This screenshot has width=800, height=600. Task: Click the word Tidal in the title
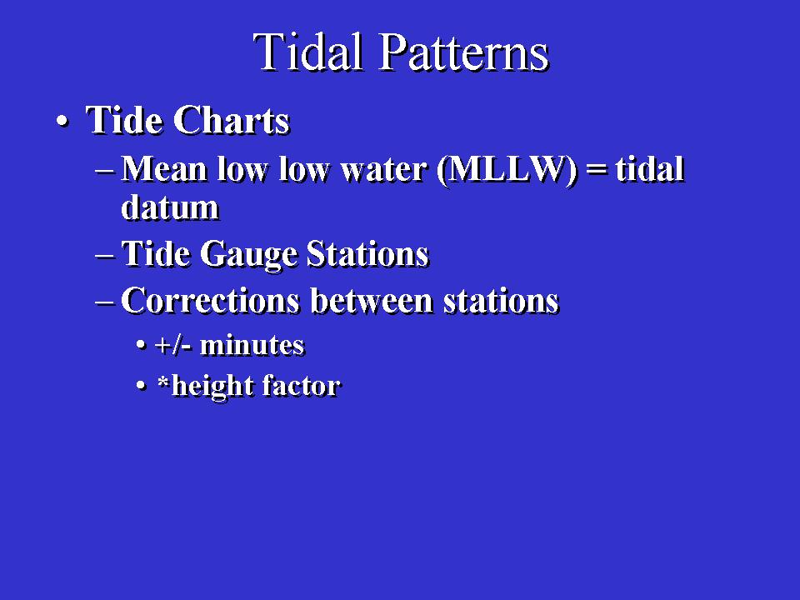click(x=307, y=52)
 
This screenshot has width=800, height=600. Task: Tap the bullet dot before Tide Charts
click(x=62, y=122)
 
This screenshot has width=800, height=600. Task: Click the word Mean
click(x=164, y=169)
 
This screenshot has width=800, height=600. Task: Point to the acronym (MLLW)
click(x=507, y=170)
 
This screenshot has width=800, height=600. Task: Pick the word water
click(x=383, y=170)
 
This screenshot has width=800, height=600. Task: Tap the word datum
click(x=170, y=207)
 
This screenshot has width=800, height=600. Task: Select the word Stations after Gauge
click(x=367, y=253)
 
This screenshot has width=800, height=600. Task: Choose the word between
click(x=372, y=300)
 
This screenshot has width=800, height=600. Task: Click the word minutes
click(x=252, y=345)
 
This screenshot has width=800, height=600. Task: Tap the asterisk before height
click(x=163, y=381)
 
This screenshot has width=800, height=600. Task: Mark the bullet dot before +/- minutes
click(x=142, y=345)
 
